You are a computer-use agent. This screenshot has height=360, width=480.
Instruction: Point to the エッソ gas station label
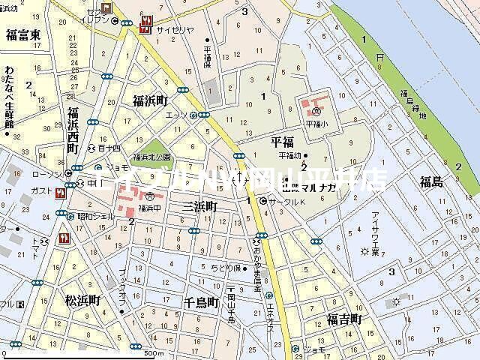click(x=177, y=115)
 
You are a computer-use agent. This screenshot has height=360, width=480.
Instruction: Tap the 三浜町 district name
click(x=199, y=205)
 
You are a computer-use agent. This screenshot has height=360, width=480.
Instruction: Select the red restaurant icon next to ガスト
click(x=60, y=192)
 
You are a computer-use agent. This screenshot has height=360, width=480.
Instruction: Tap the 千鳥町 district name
click(x=200, y=302)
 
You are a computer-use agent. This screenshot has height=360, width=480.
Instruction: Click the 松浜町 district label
click(x=82, y=301)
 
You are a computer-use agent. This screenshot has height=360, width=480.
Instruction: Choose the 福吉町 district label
click(x=344, y=320)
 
